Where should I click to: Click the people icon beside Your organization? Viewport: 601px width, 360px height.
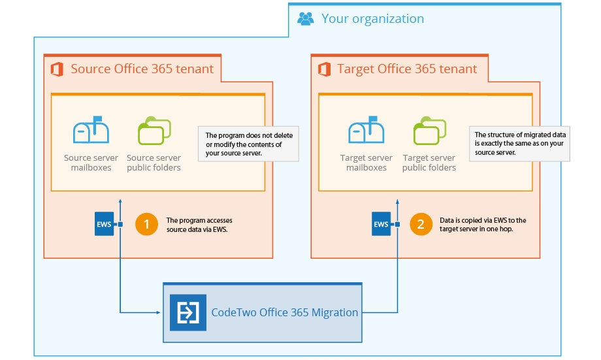click(x=305, y=18)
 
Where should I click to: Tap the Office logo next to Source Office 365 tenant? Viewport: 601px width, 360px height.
click(x=57, y=69)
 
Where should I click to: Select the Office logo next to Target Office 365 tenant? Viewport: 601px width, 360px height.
click(x=324, y=69)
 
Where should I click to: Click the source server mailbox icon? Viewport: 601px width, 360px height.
click(x=91, y=130)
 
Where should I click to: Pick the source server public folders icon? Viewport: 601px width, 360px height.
click(x=154, y=130)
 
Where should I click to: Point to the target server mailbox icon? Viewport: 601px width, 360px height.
click(x=366, y=130)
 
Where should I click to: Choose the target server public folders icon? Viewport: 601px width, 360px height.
click(x=429, y=130)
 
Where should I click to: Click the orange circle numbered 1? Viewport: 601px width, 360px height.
click(x=146, y=225)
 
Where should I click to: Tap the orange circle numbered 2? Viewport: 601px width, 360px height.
click(x=421, y=225)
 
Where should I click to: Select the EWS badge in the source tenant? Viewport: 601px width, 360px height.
click(x=104, y=225)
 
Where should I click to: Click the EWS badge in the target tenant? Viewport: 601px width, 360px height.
click(x=381, y=225)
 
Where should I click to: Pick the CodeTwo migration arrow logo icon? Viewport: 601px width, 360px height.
click(x=188, y=313)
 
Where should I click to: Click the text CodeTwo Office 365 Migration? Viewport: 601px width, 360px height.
click(x=285, y=313)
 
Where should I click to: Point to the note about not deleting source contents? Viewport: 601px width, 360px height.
click(x=248, y=144)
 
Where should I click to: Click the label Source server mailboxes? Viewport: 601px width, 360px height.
click(x=91, y=163)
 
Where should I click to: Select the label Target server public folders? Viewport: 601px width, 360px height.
click(x=429, y=163)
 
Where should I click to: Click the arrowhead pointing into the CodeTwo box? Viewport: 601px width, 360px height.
click(x=158, y=312)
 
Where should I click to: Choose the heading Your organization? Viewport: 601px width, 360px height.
click(x=372, y=18)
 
